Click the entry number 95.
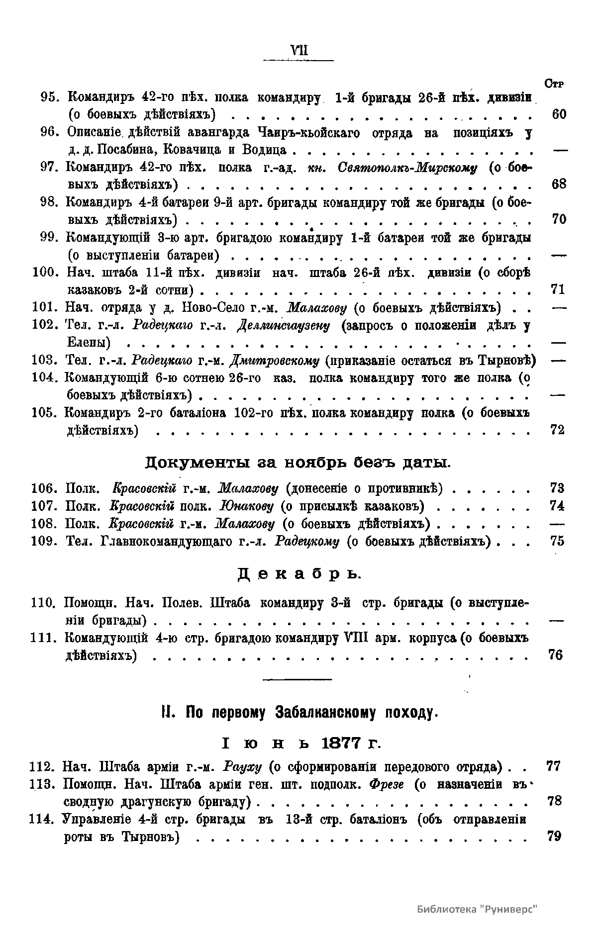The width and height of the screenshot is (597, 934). (x=51, y=96)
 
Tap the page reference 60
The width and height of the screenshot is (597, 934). (x=559, y=114)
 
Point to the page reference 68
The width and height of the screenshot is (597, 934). (x=559, y=185)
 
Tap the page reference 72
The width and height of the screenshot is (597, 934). (x=558, y=430)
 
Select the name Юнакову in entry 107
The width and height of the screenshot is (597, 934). (x=247, y=506)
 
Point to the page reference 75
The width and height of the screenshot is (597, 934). (x=558, y=541)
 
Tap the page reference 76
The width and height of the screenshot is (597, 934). (x=556, y=655)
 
